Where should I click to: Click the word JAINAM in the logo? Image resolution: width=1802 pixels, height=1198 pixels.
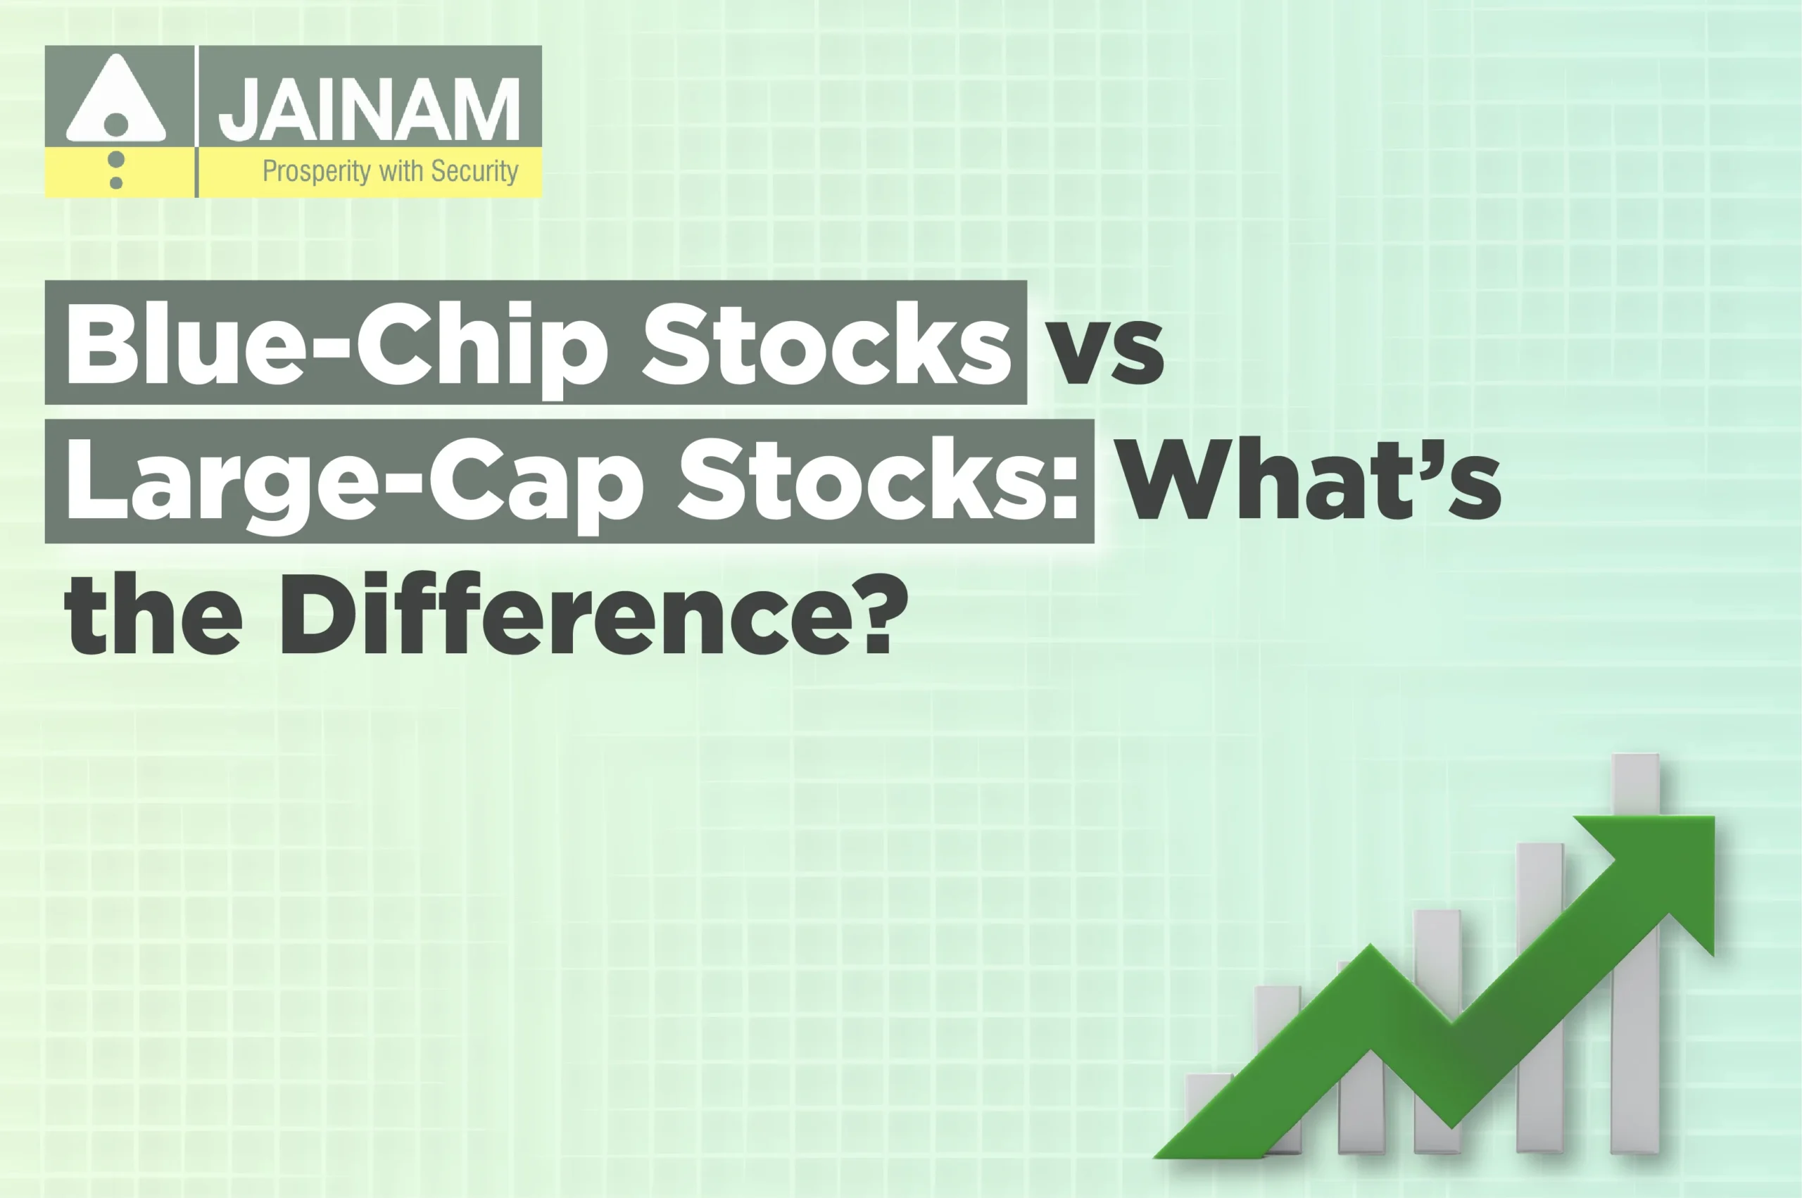(369, 109)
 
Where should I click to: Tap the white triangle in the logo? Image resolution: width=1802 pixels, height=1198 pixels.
(116, 99)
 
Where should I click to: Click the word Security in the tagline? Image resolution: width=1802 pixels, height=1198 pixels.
(474, 171)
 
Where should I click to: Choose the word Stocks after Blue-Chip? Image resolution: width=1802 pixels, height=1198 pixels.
(828, 343)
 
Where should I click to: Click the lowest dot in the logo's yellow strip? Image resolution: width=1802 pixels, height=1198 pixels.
(116, 182)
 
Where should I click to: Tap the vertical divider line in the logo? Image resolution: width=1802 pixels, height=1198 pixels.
(196, 122)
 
